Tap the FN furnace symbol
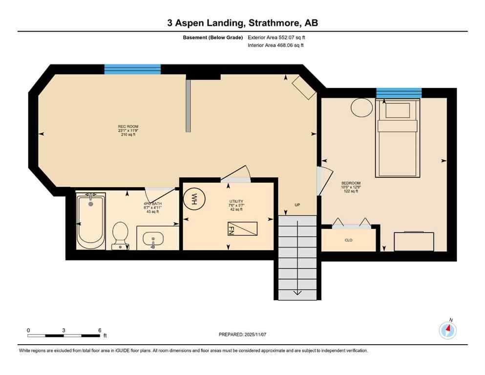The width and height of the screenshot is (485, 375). coord(242,229)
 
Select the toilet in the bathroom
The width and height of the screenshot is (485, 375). coord(120,234)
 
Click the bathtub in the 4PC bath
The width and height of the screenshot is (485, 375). coord(90,220)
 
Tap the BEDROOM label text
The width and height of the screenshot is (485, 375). coord(351,183)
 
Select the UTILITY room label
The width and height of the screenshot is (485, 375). coord(236,201)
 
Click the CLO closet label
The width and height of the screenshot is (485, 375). coord(348,240)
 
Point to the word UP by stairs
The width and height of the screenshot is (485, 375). coord(297,205)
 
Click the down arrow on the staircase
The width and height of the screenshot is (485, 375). coord(297,293)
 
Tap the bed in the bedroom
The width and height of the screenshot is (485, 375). coord(397,138)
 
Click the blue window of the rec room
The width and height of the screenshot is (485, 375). coord(132,69)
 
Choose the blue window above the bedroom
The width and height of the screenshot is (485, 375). coord(399,93)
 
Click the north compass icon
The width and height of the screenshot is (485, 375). coord(447,331)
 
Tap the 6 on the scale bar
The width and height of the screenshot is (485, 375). coord(100,330)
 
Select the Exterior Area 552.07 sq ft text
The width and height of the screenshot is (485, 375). coord(279,37)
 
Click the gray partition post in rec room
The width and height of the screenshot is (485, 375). coord(188,106)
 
